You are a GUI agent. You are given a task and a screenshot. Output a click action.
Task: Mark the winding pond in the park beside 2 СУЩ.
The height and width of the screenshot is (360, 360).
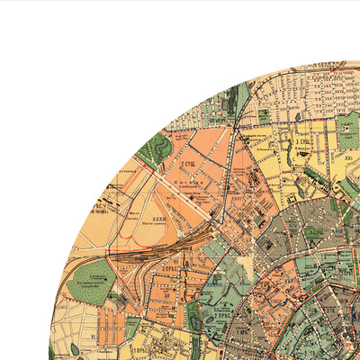coord(159,148)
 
